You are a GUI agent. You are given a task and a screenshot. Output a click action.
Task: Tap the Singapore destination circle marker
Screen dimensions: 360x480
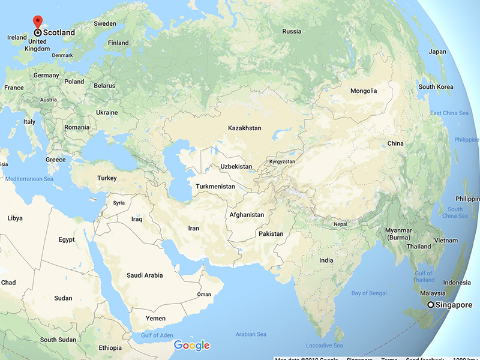431,305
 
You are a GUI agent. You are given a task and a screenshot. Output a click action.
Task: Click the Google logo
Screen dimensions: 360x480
191,345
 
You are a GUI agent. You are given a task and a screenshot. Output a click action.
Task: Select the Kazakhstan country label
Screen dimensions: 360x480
245,128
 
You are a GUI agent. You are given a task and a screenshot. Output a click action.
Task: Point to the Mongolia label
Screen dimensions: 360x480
364,91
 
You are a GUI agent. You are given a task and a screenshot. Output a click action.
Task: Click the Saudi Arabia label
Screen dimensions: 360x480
145,275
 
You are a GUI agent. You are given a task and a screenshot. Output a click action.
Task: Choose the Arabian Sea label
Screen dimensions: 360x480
250,334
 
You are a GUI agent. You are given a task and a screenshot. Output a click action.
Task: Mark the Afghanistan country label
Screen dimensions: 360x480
247,215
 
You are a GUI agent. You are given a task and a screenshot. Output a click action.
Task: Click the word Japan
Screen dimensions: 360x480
437,52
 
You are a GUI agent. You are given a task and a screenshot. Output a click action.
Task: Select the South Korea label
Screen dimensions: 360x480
436,87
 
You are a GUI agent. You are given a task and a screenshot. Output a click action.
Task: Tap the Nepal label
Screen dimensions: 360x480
340,224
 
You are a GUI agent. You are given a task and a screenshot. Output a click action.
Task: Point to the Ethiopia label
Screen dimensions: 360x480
110,348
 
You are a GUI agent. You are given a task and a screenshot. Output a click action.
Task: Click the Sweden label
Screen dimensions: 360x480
105,24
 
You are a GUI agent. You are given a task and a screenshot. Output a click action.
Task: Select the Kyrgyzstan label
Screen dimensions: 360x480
283,162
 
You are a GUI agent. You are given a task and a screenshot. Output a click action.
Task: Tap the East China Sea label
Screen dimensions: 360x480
449,113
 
